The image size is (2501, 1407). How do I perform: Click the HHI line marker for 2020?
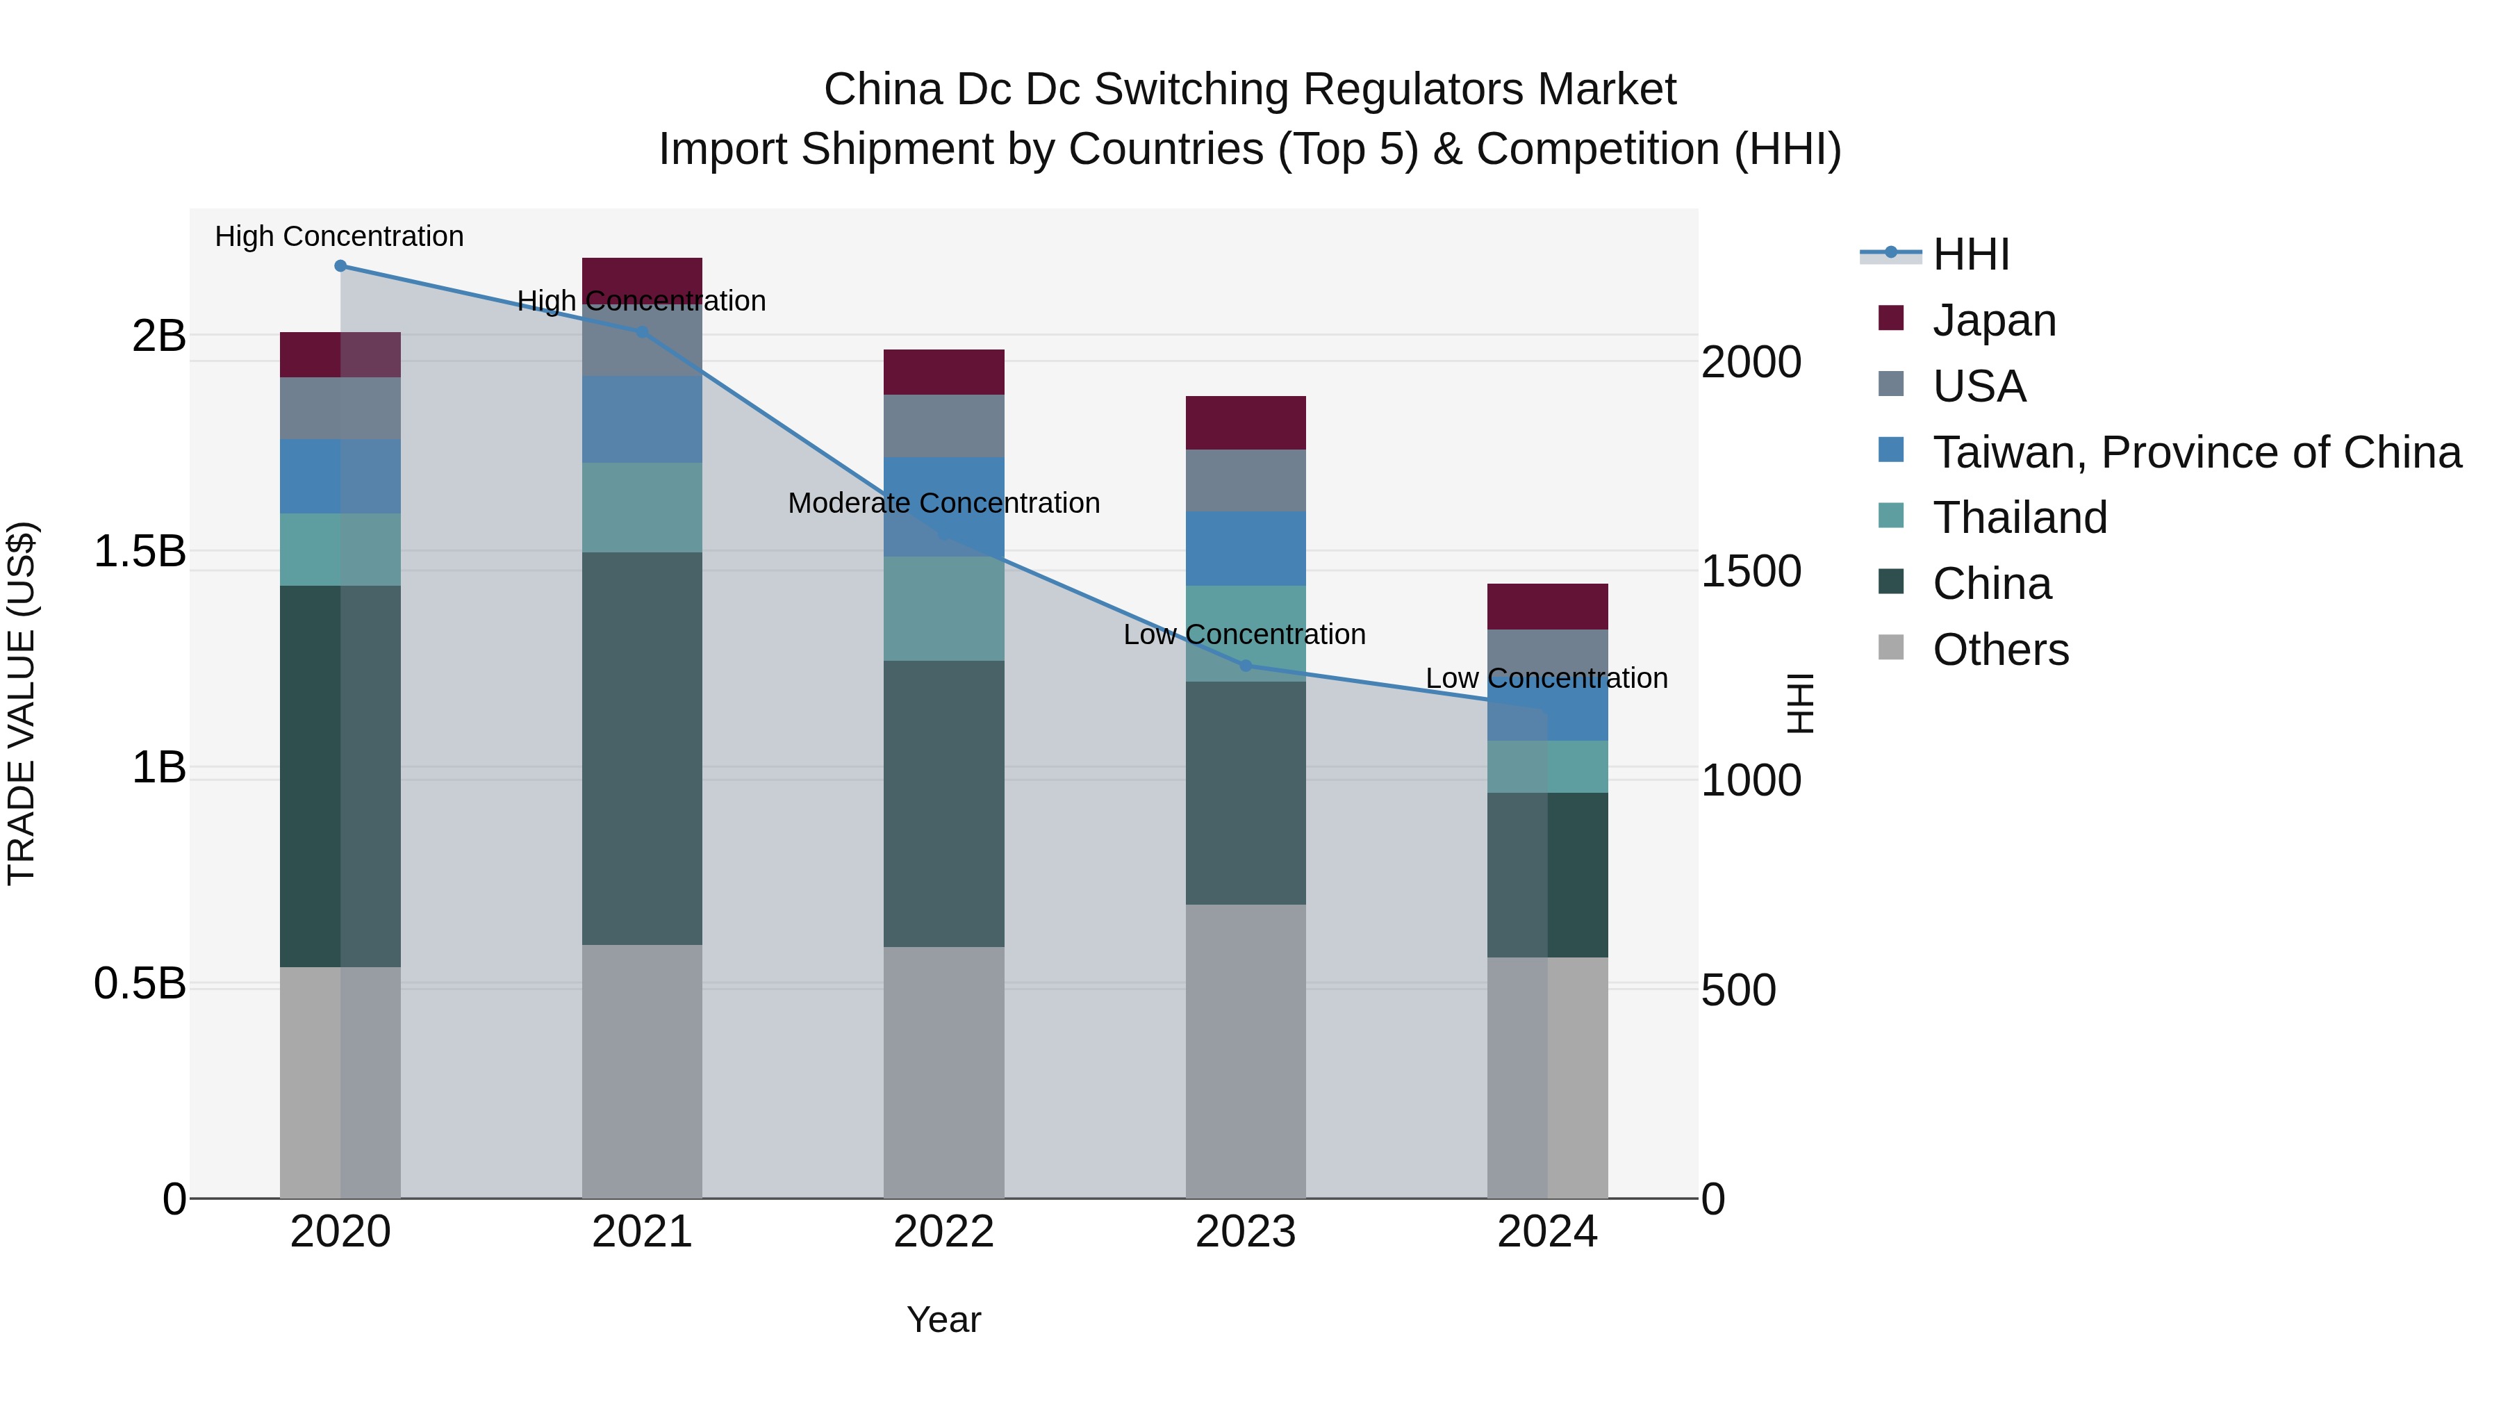340,266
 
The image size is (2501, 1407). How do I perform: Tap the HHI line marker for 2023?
1246,665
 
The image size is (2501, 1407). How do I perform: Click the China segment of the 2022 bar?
943,803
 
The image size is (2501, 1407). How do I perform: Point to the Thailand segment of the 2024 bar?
1548,766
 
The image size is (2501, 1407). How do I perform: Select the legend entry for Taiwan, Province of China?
2196,452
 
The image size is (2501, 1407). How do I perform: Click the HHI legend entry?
1971,254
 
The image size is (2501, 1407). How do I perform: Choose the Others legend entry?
2000,650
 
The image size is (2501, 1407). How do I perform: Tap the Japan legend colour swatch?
1890,318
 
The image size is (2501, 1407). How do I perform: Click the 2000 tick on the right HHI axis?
1751,362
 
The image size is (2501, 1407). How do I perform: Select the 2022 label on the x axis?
943,1232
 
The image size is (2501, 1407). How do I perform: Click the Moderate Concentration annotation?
943,503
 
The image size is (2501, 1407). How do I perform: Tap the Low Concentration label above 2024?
1546,677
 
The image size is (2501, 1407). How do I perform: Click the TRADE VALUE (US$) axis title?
22,703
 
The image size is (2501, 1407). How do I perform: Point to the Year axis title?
943,1319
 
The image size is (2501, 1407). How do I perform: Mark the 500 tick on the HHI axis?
1738,990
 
